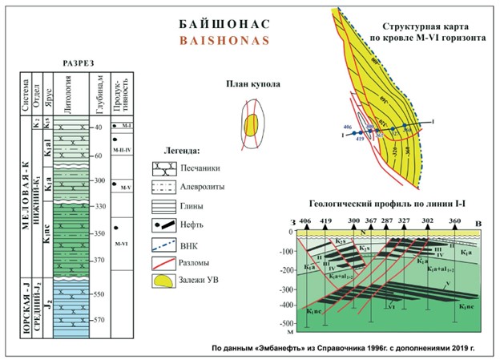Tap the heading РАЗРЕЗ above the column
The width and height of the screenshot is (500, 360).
click(79, 63)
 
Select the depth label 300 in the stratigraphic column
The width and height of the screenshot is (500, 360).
click(100, 181)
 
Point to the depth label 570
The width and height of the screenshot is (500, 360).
click(100, 320)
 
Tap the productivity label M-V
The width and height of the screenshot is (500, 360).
click(121, 189)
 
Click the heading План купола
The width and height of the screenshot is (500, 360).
click(250, 83)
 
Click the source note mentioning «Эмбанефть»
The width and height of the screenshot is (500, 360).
click(353, 349)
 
